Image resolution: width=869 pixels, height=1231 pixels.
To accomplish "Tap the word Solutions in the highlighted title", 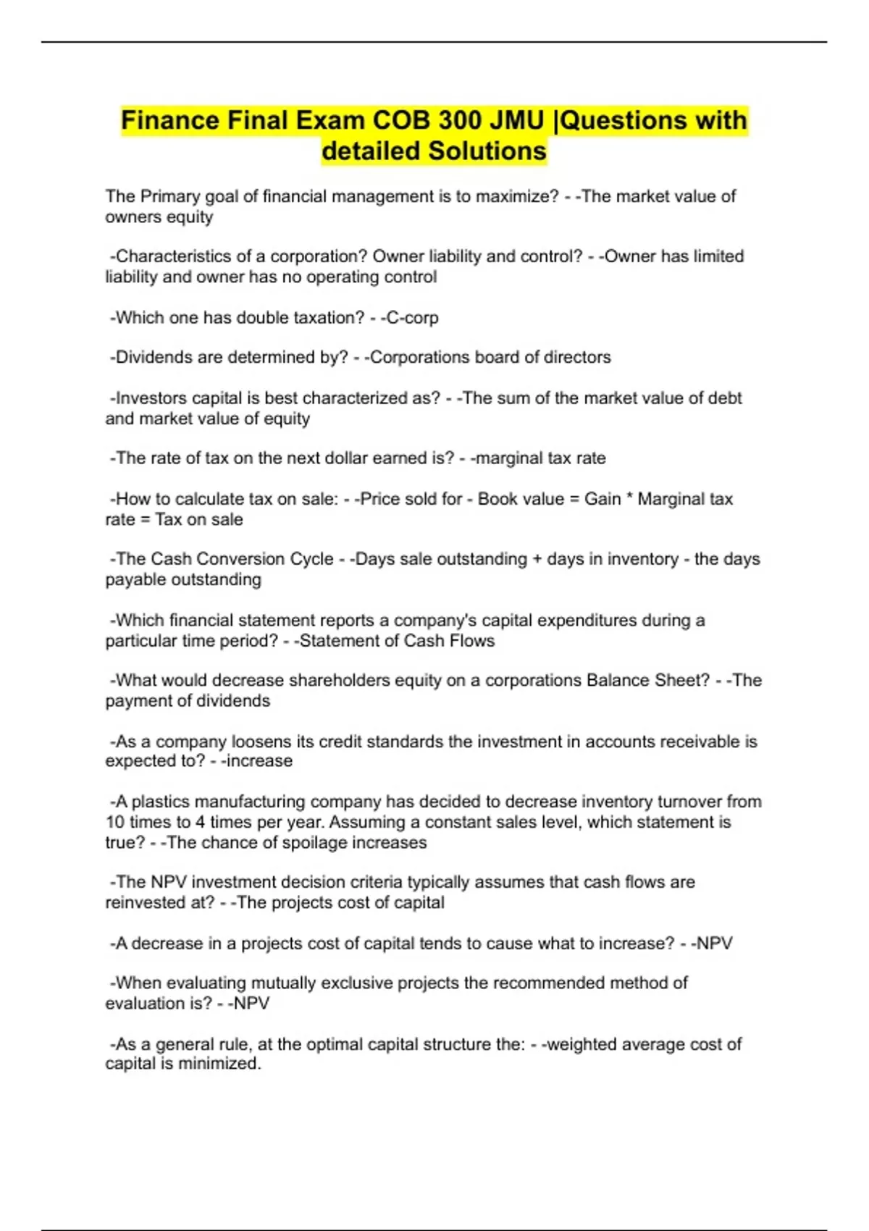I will pyautogui.click(x=487, y=151).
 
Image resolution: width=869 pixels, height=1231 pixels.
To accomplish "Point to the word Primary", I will pyautogui.click(x=170, y=196).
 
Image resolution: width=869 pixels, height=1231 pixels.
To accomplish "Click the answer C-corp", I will pyautogui.click(x=412, y=317).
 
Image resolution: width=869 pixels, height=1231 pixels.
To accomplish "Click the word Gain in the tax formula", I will pyautogui.click(x=603, y=499).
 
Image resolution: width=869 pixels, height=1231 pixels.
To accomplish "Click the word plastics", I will pyautogui.click(x=158, y=802).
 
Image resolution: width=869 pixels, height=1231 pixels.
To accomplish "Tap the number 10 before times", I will pyautogui.click(x=115, y=822).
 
